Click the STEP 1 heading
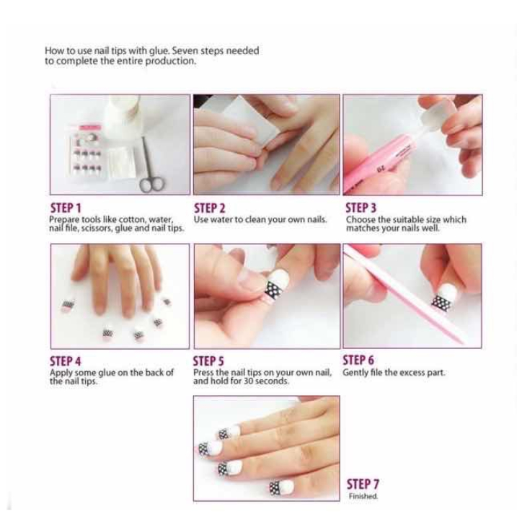point(66,208)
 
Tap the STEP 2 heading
point(210,208)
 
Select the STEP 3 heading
point(361,208)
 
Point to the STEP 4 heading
point(65,361)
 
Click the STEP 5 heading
point(208,361)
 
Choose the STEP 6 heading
point(358,360)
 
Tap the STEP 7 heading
point(363,484)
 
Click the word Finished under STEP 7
point(363,496)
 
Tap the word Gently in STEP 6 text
point(353,373)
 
